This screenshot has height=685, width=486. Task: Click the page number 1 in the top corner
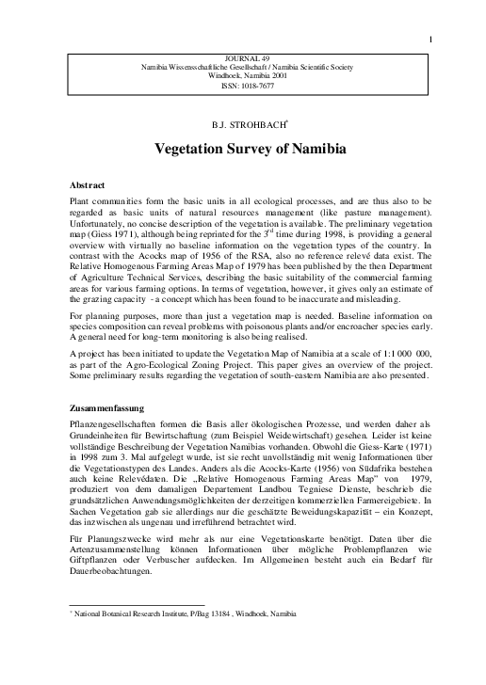(430, 14)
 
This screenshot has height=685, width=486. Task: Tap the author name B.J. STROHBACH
(242, 124)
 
